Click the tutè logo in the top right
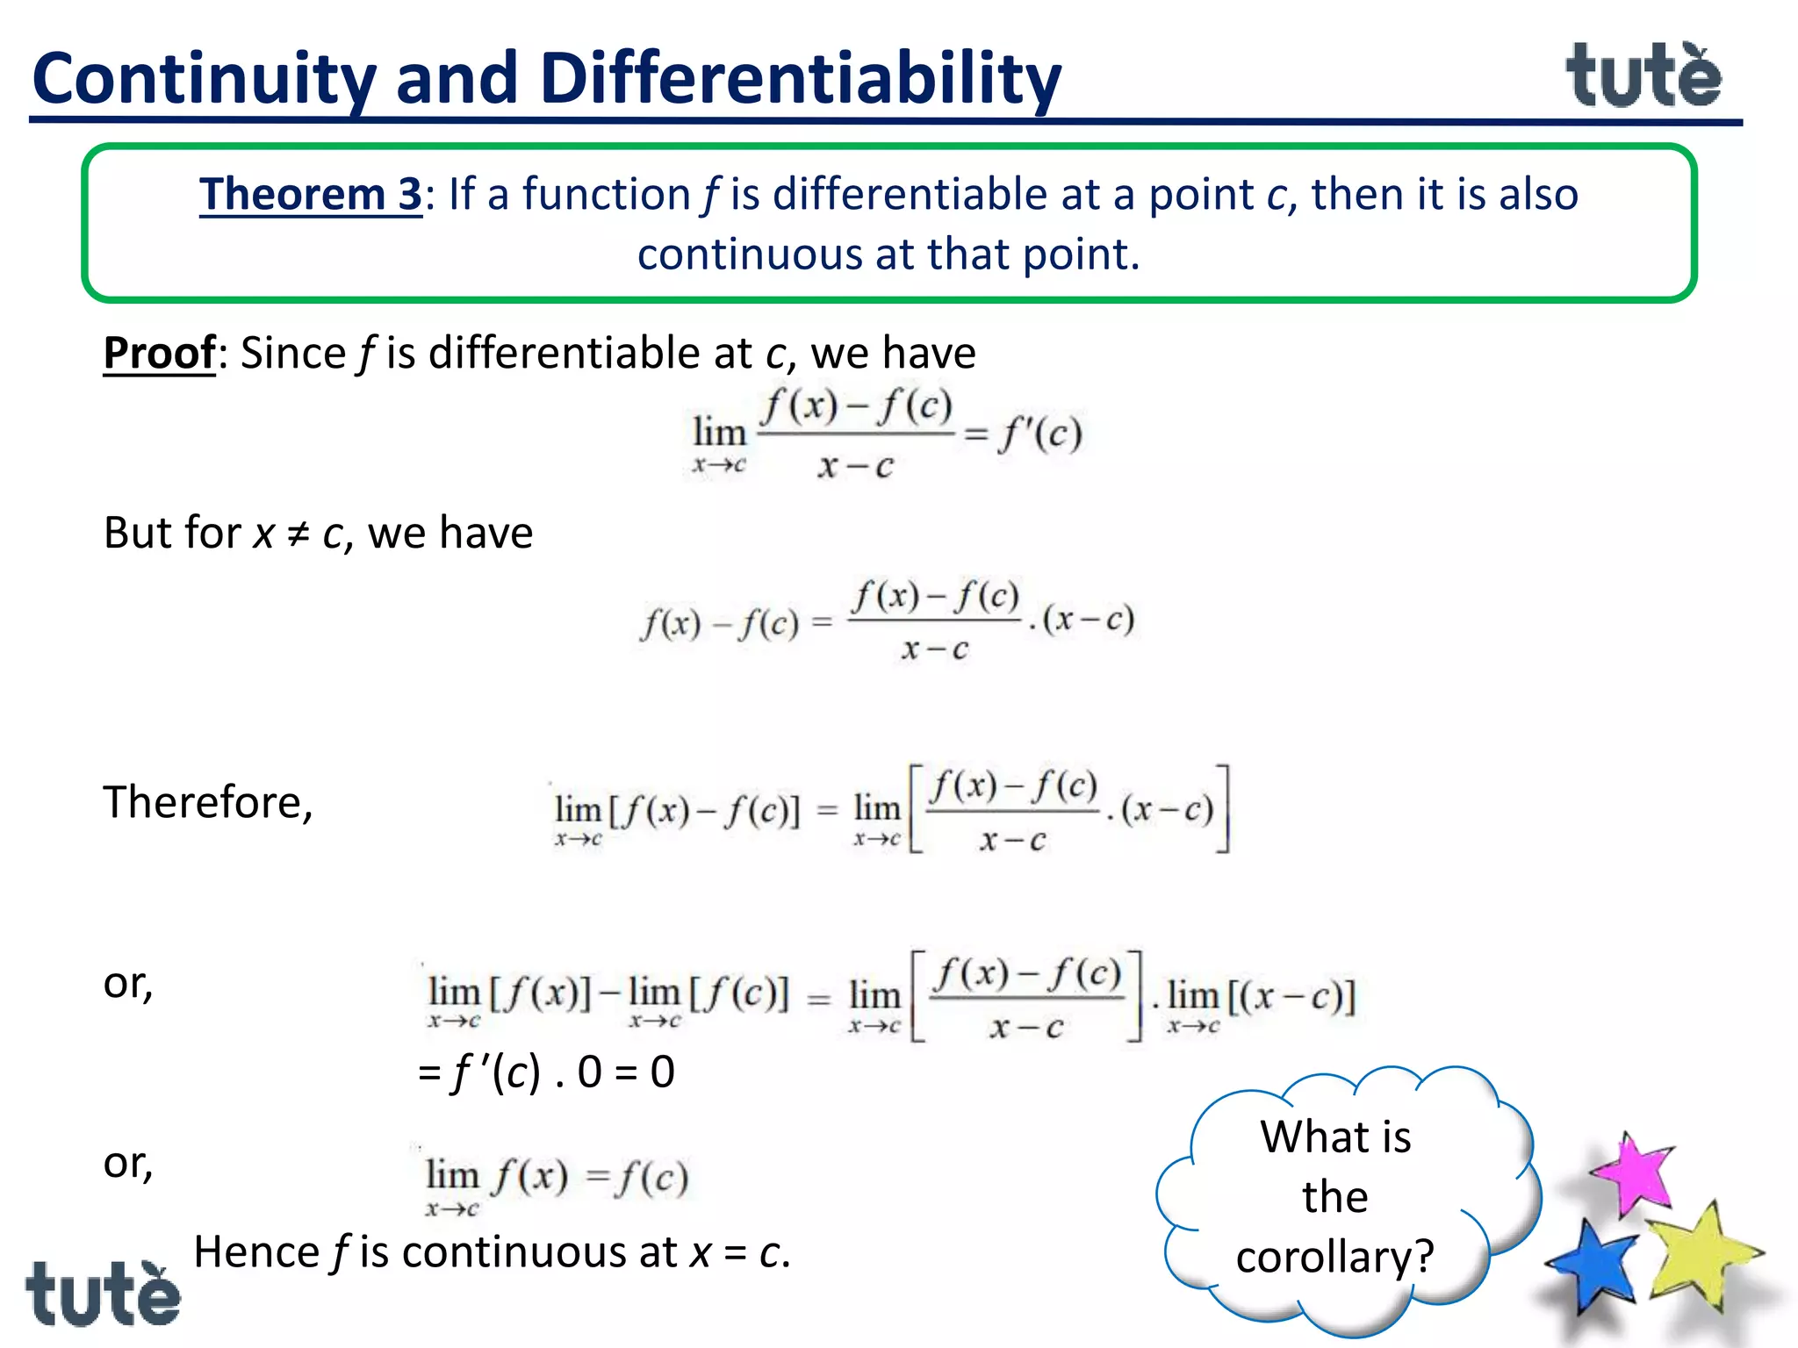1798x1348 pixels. (1643, 77)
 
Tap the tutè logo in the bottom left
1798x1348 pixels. (103, 1294)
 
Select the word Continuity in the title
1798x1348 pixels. (204, 79)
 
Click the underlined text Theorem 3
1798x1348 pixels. (311, 194)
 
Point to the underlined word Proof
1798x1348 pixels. (159, 353)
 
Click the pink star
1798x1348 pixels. (1634, 1173)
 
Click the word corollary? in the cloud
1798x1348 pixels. (1334, 1257)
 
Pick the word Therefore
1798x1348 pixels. (207, 802)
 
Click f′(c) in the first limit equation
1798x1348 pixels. (1039, 434)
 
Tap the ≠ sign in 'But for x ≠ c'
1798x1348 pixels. (298, 534)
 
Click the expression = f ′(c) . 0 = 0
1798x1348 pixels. (546, 1072)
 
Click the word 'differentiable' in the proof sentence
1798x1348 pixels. (567, 353)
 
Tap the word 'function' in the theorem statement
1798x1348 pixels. (607, 194)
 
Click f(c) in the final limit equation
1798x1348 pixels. (651, 1178)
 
